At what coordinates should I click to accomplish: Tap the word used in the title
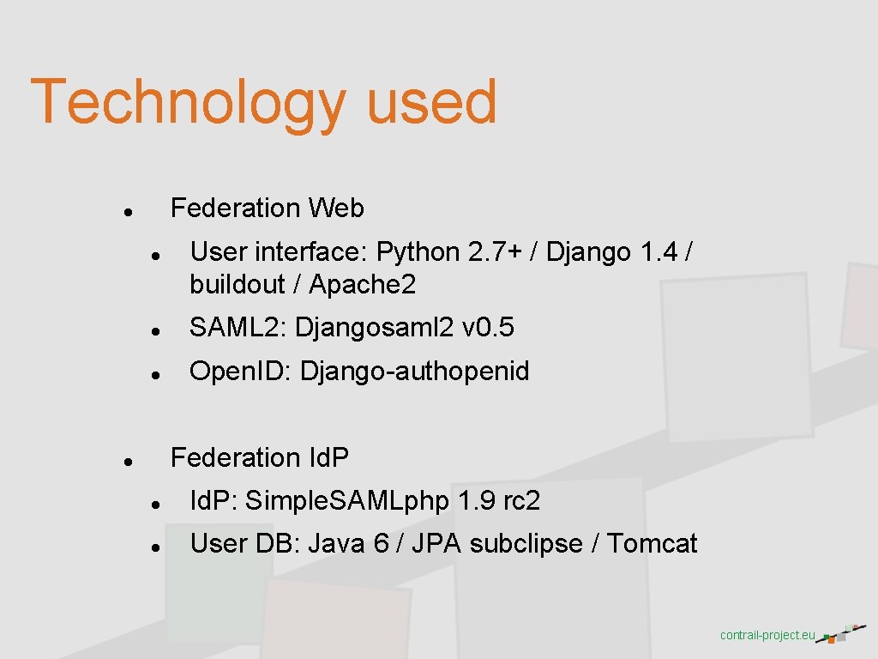click(x=432, y=101)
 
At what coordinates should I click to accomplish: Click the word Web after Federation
click(x=337, y=208)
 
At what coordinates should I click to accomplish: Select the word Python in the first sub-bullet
click(x=418, y=252)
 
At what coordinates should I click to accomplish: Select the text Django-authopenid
click(x=415, y=372)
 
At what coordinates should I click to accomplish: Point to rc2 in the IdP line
click(x=521, y=501)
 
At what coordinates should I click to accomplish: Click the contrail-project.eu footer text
click(x=767, y=636)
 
